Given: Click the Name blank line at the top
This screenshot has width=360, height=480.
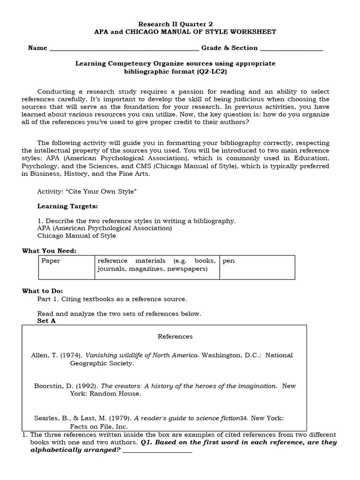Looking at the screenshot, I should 124,49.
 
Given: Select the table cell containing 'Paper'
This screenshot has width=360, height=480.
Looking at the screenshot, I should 66,267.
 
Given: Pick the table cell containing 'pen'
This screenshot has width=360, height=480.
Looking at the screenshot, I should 257,267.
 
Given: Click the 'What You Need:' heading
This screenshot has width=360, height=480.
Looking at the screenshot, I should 49,251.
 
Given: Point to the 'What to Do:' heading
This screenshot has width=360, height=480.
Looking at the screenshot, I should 42,291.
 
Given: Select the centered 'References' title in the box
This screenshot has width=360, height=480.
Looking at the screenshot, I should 175,337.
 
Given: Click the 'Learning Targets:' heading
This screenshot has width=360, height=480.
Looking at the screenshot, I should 67,206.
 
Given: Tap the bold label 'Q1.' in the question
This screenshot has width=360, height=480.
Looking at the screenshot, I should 147,442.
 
